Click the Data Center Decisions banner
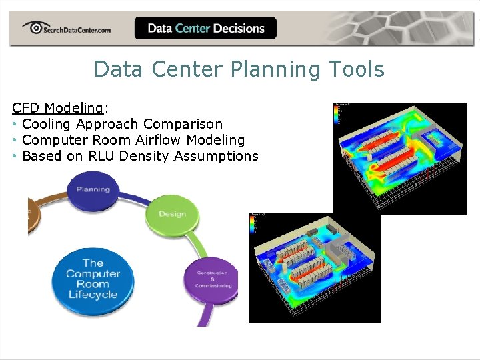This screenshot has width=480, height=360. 205,28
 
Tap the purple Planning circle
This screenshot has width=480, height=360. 93,189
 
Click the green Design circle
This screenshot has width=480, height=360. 172,214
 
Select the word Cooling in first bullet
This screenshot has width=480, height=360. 47,124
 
